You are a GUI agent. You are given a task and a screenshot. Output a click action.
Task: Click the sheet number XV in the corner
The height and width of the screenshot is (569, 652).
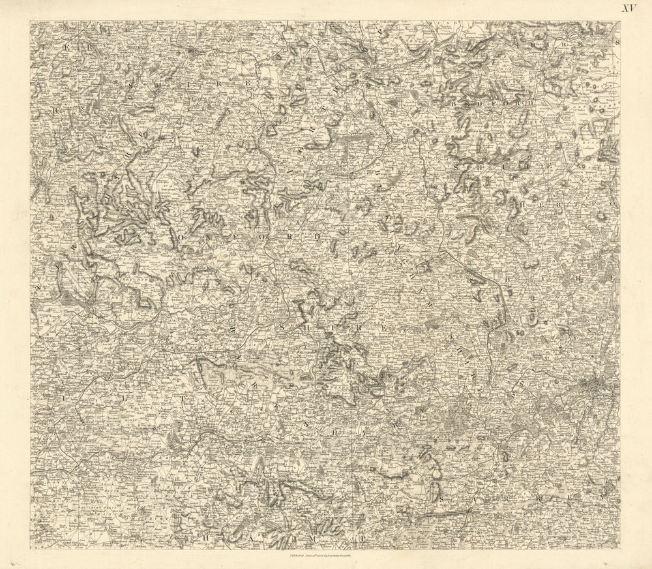click(628, 8)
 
